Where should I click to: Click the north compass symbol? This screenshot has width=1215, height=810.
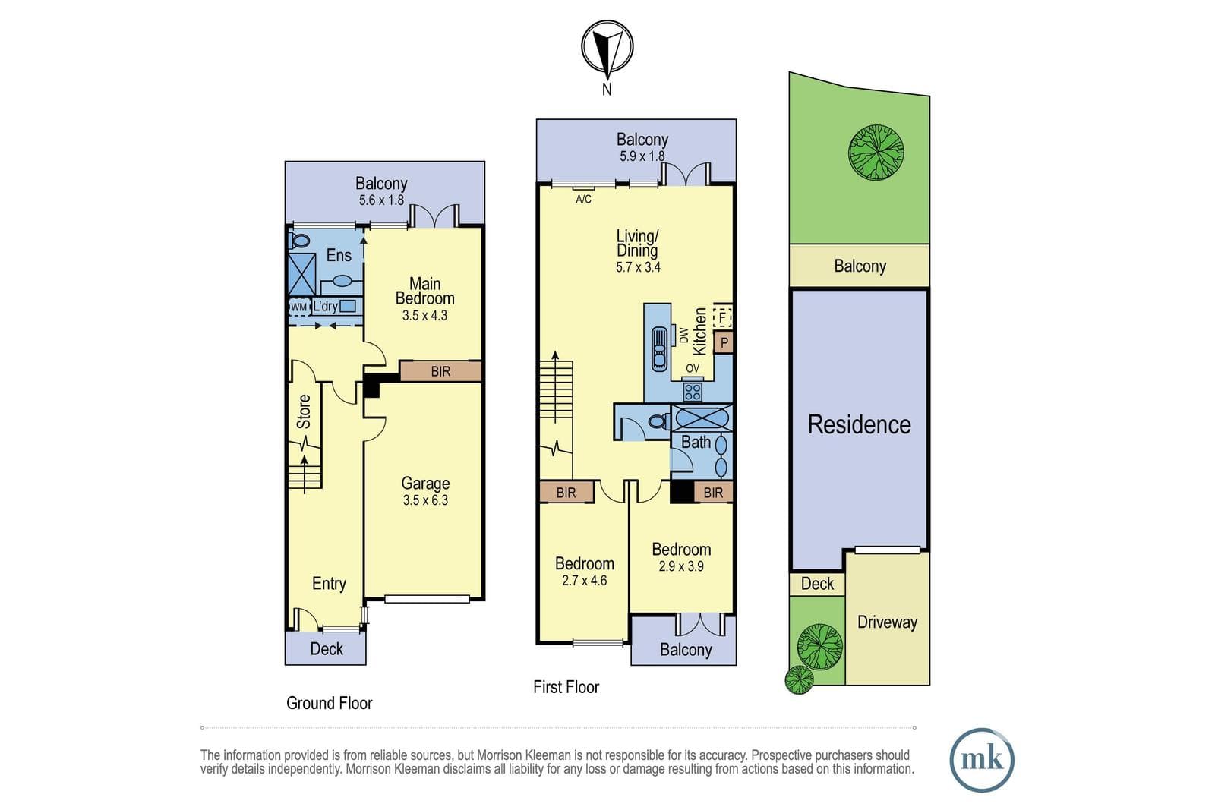tap(607, 48)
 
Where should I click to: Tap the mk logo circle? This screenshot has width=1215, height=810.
tap(982, 760)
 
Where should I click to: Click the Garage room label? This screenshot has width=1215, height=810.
tap(425, 483)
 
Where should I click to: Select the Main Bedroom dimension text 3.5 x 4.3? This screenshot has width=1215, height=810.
tap(424, 316)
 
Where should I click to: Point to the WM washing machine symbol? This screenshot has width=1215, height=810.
tap(299, 307)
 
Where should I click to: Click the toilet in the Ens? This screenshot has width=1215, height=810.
tap(298, 240)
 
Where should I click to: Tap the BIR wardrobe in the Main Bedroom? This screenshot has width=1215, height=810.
tap(440, 371)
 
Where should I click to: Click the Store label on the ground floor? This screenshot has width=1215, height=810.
tap(304, 411)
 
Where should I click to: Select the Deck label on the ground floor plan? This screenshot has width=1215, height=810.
tap(327, 648)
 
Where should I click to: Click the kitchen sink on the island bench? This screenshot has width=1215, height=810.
tap(659, 348)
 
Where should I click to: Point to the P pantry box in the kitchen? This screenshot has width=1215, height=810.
tap(724, 342)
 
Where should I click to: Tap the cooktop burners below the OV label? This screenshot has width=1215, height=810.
tap(692, 392)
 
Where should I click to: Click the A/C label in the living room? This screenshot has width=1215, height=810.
tap(584, 200)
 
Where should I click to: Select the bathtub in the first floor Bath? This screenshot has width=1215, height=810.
tap(702, 418)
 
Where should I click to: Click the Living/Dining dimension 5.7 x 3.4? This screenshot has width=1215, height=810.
tap(638, 266)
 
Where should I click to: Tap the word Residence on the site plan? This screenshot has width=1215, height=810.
tap(859, 424)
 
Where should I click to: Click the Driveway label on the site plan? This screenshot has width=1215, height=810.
tap(888, 622)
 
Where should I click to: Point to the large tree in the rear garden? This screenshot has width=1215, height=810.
tap(876, 153)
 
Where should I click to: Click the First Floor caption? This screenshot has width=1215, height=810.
tap(566, 687)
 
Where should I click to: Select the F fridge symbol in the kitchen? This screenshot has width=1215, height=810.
tap(722, 317)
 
